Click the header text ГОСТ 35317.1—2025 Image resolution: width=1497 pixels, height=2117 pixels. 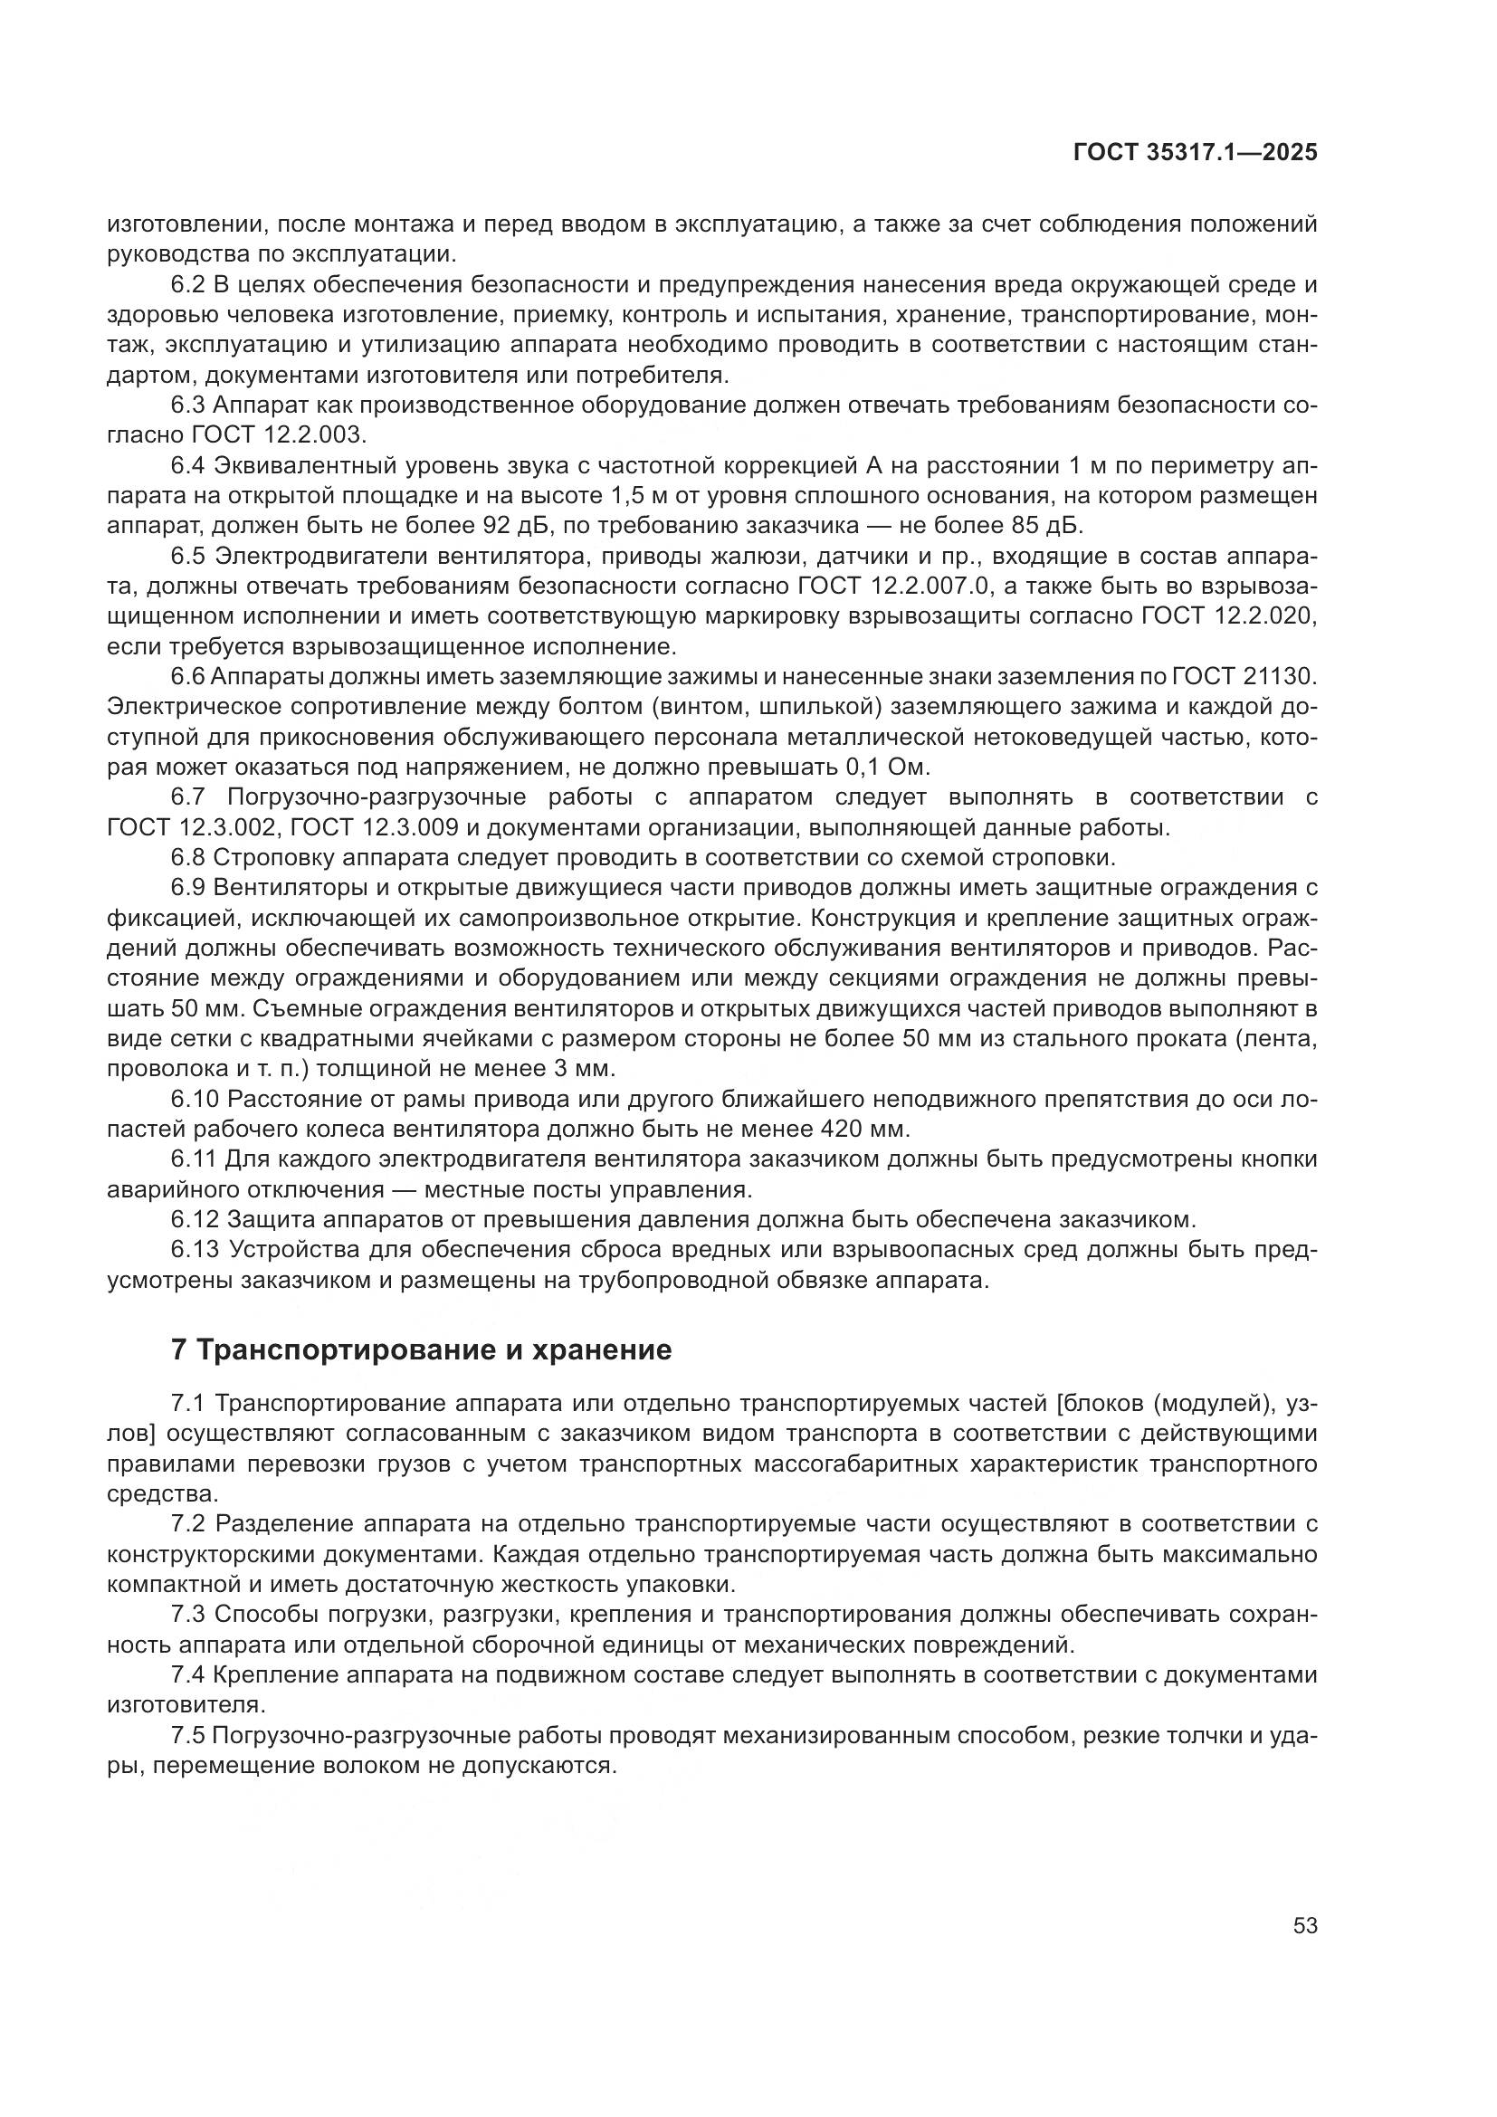(1195, 153)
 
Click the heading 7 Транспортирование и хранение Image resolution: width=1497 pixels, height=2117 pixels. (421, 1349)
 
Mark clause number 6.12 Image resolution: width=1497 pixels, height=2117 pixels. (195, 1220)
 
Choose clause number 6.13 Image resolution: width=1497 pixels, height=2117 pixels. (195, 1249)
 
